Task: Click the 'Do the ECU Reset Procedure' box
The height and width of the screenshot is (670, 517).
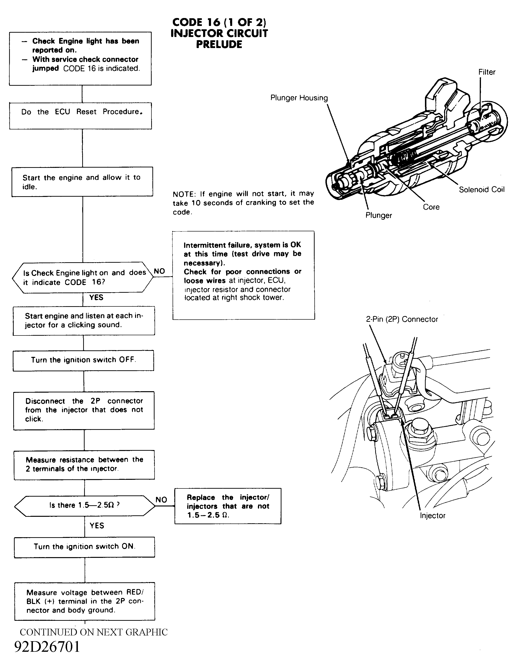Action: (81, 116)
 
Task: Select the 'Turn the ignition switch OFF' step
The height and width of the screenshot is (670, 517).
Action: (83, 360)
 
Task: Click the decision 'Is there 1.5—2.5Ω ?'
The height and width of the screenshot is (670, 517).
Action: (84, 505)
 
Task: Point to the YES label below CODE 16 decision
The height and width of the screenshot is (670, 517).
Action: (96, 298)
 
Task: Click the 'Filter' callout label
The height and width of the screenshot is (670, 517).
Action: (487, 72)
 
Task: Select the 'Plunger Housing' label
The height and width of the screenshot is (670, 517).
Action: (299, 98)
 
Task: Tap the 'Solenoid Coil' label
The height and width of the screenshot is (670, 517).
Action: (481, 189)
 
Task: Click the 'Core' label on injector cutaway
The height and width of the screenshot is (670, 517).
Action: (431, 207)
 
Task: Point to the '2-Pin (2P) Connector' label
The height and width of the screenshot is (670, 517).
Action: (402, 319)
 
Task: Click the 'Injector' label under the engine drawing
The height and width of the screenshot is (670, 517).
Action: (432, 516)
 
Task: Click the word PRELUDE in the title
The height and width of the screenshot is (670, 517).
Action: (219, 44)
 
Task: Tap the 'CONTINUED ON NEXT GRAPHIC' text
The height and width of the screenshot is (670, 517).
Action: (94, 632)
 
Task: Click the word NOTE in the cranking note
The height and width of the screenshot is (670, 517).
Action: (184, 194)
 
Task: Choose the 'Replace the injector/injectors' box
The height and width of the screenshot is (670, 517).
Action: (228, 506)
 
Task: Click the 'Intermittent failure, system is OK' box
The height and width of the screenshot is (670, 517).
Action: (243, 275)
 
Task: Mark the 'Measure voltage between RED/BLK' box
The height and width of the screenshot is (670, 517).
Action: (84, 601)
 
